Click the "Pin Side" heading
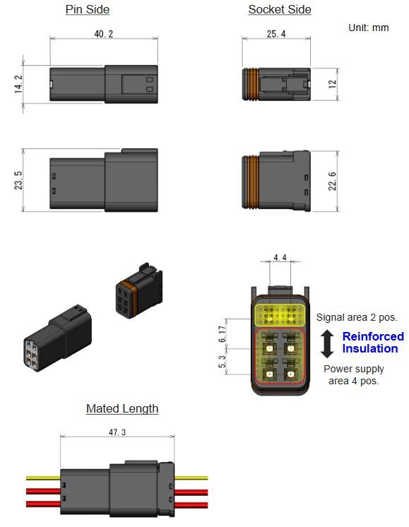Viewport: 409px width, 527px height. click(88, 9)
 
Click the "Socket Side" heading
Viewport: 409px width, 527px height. click(280, 9)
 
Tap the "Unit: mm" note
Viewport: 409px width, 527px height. click(368, 28)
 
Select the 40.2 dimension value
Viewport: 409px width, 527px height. click(104, 34)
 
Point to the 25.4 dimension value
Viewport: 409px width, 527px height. click(276, 34)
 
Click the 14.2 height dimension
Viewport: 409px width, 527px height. click(18, 84)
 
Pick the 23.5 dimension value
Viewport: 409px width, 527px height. click(18, 180)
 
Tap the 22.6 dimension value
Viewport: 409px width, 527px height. click(332, 181)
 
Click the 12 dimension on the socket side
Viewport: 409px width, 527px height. click(332, 84)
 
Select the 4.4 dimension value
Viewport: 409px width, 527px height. click(280, 257)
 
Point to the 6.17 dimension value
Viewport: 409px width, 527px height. click(222, 334)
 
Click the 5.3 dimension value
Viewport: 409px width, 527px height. click(222, 362)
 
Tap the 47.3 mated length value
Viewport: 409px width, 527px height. click(117, 432)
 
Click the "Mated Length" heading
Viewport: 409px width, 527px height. click(122, 409)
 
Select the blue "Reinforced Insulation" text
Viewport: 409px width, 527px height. click(373, 342)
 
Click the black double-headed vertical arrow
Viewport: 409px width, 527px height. click(327, 343)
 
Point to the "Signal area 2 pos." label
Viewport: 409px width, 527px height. click(357, 317)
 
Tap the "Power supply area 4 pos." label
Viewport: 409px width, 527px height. click(353, 374)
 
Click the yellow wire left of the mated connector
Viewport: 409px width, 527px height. click(43, 478)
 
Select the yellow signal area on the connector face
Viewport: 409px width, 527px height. click(280, 315)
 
